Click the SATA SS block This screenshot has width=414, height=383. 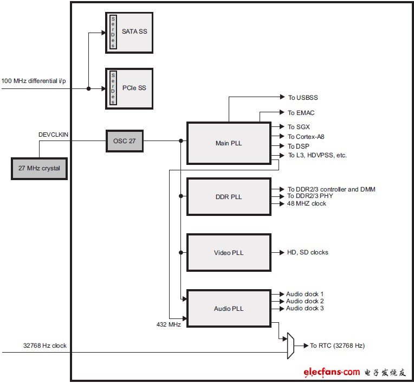pyautogui.click(x=129, y=33)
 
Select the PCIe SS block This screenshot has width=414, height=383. pyautogui.click(x=129, y=88)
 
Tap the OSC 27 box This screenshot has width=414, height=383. pyautogui.click(x=125, y=141)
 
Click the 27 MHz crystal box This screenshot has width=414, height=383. pyautogui.click(x=40, y=168)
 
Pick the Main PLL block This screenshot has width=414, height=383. pyautogui.click(x=229, y=143)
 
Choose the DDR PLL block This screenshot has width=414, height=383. pyautogui.click(x=229, y=197)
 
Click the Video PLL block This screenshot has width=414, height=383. pyautogui.click(x=229, y=252)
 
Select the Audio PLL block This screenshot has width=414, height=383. pyautogui.click(x=229, y=309)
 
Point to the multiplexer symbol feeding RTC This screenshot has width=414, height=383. pyautogui.click(x=290, y=346)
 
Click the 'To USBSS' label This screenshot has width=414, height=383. pyautogui.click(x=303, y=98)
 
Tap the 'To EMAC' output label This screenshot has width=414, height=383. pyautogui.click(x=301, y=113)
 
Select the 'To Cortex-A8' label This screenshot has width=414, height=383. pyautogui.click(x=306, y=137)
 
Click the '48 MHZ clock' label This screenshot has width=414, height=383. pyautogui.click(x=307, y=203)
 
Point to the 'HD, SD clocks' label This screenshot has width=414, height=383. pyautogui.click(x=308, y=252)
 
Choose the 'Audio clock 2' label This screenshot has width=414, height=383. pyautogui.click(x=305, y=301)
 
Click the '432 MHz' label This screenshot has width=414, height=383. pyautogui.click(x=169, y=324)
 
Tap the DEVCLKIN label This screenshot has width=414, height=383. pyautogui.click(x=53, y=135)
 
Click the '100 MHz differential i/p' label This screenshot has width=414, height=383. pyautogui.click(x=34, y=81)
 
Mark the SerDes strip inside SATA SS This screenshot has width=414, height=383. pyautogui.click(x=113, y=32)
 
